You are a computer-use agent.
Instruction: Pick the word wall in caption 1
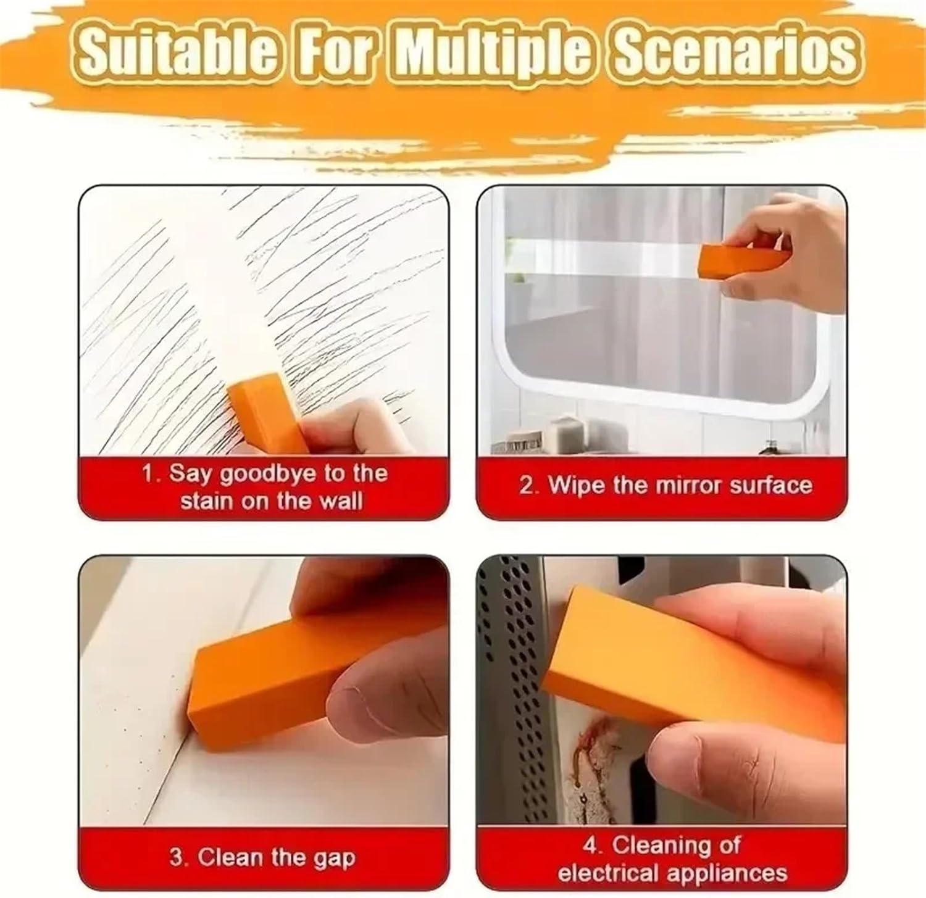pyautogui.click(x=341, y=501)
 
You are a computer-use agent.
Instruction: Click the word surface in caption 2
pyautogui.click(x=770, y=485)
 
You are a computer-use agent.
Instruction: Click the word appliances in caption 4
pyautogui.click(x=730, y=873)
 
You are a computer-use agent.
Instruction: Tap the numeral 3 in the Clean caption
pyautogui.click(x=176, y=857)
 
